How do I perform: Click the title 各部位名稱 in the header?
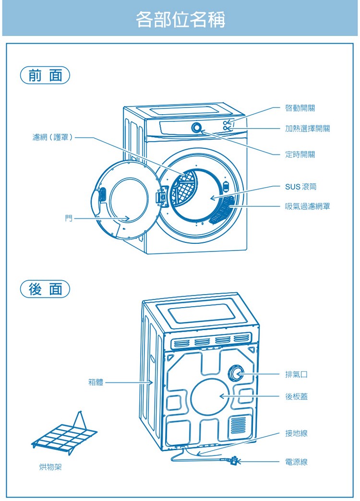(180, 20)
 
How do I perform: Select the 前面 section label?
(45, 76)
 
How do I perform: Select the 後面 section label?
(45, 290)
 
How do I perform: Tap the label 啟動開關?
(300, 108)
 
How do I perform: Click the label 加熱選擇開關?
(307, 129)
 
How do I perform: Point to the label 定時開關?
(300, 155)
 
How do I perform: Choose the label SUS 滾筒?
(300, 186)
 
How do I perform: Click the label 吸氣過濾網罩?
(307, 206)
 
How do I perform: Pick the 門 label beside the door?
(69, 218)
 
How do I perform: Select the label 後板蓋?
(296, 396)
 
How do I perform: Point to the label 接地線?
(296, 433)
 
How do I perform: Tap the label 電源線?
(296, 462)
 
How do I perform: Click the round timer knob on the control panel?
(197, 128)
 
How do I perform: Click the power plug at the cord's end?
(233, 461)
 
